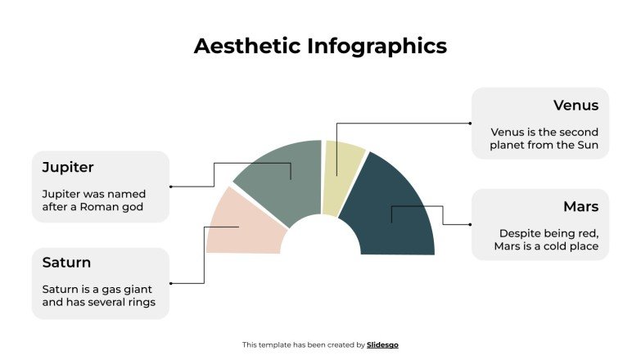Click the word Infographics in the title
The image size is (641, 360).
pos(377,46)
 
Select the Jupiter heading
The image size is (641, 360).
pos(68,167)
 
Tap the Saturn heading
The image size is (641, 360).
pos(66,263)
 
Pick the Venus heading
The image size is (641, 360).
pos(576,106)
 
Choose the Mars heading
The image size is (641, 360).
pos(580,206)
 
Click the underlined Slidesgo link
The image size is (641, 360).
pos(382,345)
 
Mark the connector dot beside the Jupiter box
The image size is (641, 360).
pos(170,187)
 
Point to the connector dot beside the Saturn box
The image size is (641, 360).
pos(170,283)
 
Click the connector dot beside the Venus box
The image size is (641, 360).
pos(471,124)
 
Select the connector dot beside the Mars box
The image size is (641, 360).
pos(471,224)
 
